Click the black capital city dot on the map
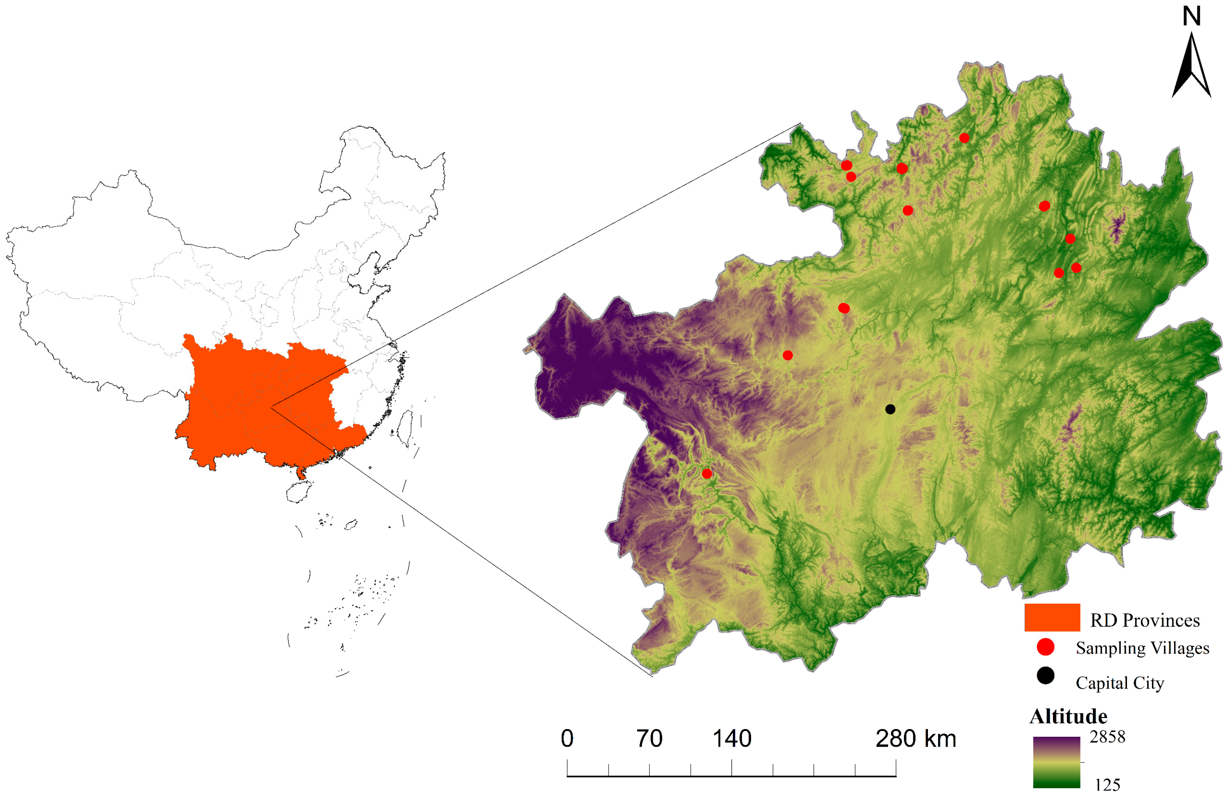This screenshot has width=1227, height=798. click(890, 409)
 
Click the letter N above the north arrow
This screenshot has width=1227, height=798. click(1191, 16)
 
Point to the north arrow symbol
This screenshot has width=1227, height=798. click(1191, 67)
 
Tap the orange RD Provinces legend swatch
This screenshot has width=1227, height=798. click(1052, 617)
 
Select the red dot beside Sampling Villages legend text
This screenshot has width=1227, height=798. click(1046, 647)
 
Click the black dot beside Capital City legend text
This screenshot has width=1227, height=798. click(1046, 675)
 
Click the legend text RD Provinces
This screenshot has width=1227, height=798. click(1145, 620)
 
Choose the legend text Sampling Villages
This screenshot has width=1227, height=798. click(1142, 648)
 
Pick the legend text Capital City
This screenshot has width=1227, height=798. click(1119, 683)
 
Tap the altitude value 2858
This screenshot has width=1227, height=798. click(1108, 737)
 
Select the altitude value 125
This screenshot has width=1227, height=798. click(1108, 784)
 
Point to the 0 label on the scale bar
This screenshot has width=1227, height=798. click(567, 739)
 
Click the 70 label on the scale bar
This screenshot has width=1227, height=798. click(649, 739)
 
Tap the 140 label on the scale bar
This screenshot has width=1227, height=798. click(732, 739)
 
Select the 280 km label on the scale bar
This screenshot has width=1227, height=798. click(916, 739)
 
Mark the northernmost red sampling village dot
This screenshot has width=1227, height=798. click(964, 138)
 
